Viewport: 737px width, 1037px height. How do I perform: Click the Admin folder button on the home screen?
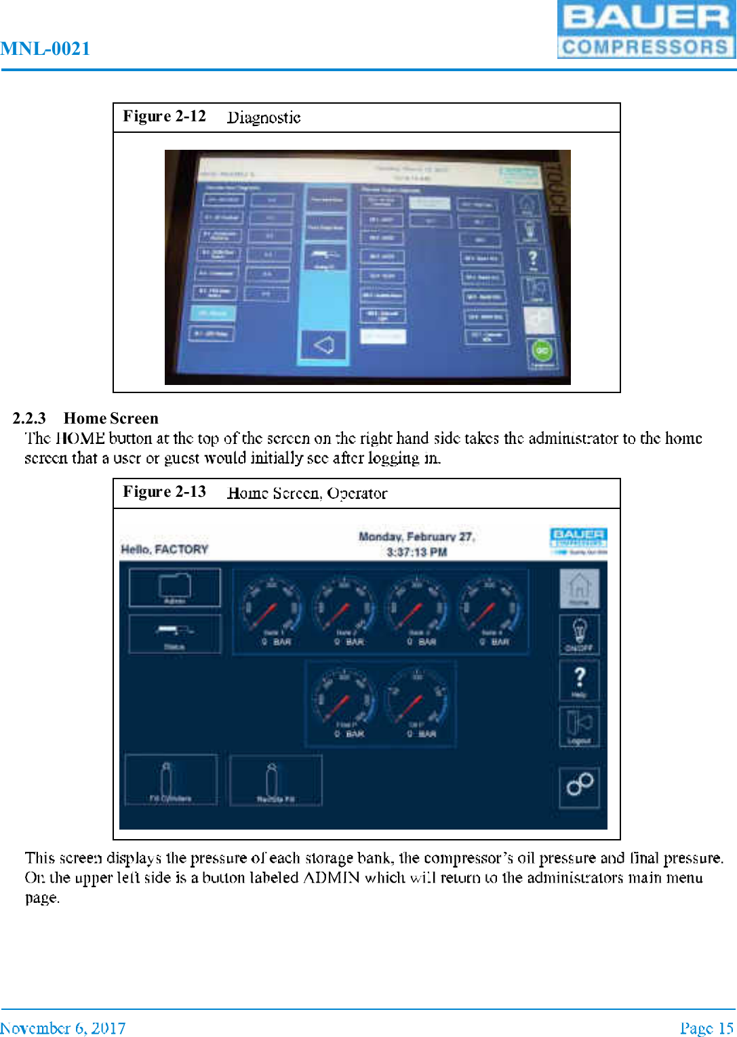pyautogui.click(x=175, y=587)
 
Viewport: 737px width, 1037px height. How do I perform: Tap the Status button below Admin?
pyautogui.click(x=175, y=634)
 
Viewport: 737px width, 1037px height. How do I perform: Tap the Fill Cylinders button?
pyautogui.click(x=171, y=780)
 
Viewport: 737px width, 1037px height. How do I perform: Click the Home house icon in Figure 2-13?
pyautogui.click(x=579, y=588)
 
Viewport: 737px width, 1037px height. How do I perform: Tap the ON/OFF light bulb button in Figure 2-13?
pyautogui.click(x=579, y=634)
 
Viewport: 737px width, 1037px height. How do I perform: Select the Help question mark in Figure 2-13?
pyautogui.click(x=579, y=680)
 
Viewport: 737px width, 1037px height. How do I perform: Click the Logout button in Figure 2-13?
pyautogui.click(x=579, y=726)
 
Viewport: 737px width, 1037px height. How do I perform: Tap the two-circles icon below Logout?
pyautogui.click(x=579, y=786)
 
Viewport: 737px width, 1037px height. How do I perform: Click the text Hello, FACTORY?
pyautogui.click(x=164, y=549)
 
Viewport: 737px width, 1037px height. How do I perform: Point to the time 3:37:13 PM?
pyautogui.click(x=416, y=552)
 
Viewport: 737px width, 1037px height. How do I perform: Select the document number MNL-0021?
pyautogui.click(x=45, y=49)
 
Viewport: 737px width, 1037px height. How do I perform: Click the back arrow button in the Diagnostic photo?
pyautogui.click(x=324, y=346)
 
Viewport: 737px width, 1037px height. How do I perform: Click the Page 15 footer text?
pyautogui.click(x=706, y=1028)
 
